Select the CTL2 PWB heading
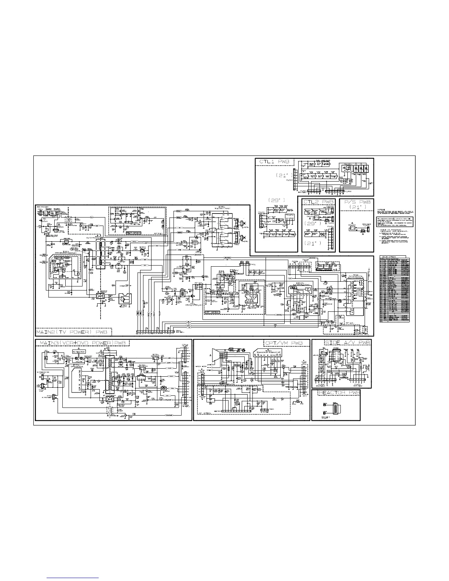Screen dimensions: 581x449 tap(318, 202)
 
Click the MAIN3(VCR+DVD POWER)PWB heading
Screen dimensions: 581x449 tap(83, 343)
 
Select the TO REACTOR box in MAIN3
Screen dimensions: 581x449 tap(79, 352)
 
